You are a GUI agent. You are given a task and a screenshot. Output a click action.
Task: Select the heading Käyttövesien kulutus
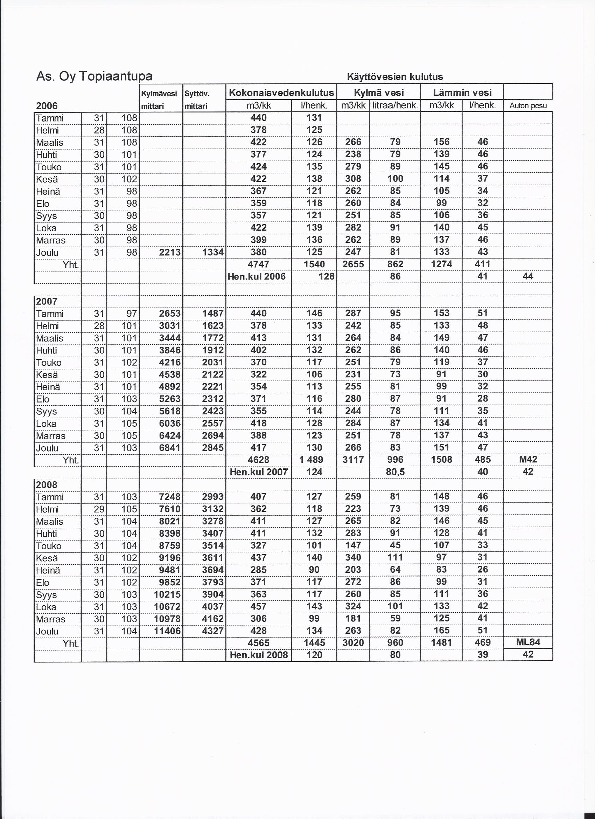click(x=395, y=77)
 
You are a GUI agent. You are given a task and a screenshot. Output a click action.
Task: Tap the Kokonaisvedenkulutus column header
click(x=281, y=93)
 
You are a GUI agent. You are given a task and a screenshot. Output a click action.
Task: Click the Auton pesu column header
click(x=528, y=106)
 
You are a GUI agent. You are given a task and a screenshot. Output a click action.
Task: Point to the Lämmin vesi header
click(x=462, y=93)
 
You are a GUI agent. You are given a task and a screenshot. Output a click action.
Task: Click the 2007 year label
click(x=47, y=301)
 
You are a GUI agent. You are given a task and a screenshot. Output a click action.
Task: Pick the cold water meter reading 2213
click(x=170, y=252)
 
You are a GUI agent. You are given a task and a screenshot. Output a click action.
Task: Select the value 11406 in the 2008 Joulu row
click(x=167, y=631)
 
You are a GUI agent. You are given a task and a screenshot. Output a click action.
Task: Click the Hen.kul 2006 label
click(x=257, y=277)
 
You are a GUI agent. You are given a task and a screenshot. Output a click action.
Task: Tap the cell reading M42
click(x=527, y=459)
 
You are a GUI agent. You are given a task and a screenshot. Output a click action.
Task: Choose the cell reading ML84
click(x=527, y=642)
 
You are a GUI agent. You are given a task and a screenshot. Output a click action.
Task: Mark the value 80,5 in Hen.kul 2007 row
click(x=395, y=472)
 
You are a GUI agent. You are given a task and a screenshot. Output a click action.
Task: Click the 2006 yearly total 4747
click(x=258, y=264)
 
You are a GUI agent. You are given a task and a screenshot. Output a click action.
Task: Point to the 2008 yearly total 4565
click(x=258, y=643)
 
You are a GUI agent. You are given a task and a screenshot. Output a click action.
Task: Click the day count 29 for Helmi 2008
click(x=99, y=509)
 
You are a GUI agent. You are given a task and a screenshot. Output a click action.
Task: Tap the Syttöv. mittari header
click(x=197, y=100)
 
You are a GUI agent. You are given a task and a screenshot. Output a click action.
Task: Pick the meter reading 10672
click(x=167, y=606)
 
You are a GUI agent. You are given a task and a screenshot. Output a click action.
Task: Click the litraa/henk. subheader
click(x=395, y=106)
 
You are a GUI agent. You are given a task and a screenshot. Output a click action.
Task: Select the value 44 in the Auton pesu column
click(x=527, y=276)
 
